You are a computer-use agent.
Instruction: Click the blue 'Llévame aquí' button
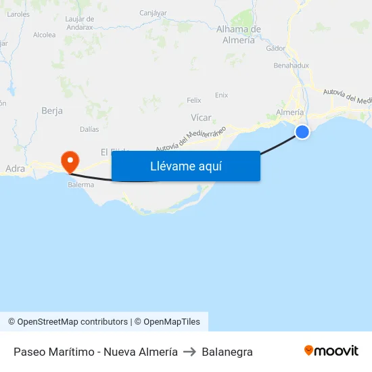pos(185,166)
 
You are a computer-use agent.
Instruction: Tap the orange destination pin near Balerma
pos(70,161)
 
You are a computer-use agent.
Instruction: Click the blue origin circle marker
pos(302,132)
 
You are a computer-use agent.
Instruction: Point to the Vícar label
pos(201,116)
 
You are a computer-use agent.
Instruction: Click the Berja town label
pos(52,110)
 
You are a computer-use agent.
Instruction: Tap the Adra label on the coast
pos(15,168)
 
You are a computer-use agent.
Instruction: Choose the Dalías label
pos(89,129)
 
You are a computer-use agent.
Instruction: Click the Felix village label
pos(194,100)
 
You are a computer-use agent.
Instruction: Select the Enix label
pos(221,95)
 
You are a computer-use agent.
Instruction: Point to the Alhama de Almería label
pos(239,34)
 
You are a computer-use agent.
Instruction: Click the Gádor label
pos(276,48)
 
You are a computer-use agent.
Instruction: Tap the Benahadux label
pos(292,66)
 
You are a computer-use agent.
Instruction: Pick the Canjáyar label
pos(153,13)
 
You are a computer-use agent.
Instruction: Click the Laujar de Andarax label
pos(79,23)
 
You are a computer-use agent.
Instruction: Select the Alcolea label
pos(45,34)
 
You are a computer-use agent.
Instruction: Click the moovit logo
pos(331,351)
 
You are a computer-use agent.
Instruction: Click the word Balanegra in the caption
pos(227,352)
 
